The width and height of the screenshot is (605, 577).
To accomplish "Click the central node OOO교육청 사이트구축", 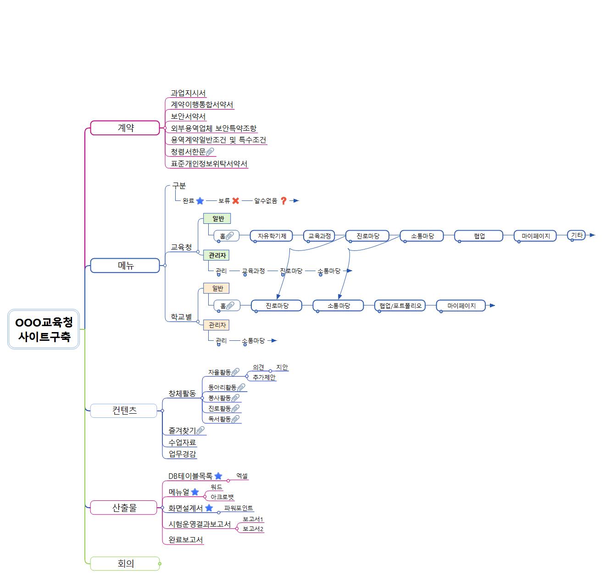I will (44, 329).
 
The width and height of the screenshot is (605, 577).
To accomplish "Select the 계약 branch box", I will (125, 128).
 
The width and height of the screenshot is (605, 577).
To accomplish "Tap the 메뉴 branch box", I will (125, 266).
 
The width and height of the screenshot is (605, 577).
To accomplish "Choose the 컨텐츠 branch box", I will (124, 411).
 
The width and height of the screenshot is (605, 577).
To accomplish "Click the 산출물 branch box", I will (124, 508).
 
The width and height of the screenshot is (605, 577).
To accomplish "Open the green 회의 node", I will (125, 564).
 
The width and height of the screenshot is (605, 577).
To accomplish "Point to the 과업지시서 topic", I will (188, 93).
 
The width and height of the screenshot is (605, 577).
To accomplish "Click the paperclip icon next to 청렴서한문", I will (210, 152).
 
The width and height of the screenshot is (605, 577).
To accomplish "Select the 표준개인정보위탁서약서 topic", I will (209, 164).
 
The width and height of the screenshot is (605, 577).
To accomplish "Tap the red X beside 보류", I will (236, 201).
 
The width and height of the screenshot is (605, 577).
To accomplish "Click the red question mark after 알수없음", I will (283, 201).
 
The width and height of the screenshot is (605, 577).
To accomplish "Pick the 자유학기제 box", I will (272, 236).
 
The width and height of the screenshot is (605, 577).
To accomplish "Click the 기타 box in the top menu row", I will (577, 235).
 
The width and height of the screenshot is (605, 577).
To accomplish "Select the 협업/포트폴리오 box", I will (400, 305).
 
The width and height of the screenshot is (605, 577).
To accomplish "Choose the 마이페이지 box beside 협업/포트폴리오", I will (461, 305).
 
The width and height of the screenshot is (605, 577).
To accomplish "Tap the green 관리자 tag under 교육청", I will (217, 255).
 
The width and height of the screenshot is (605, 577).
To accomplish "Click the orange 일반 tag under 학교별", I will (217, 288).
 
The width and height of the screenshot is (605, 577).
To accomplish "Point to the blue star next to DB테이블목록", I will (218, 476).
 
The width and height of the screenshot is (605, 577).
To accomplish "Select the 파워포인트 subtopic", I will (239, 508).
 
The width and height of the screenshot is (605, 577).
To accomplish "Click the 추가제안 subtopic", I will (264, 377).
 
